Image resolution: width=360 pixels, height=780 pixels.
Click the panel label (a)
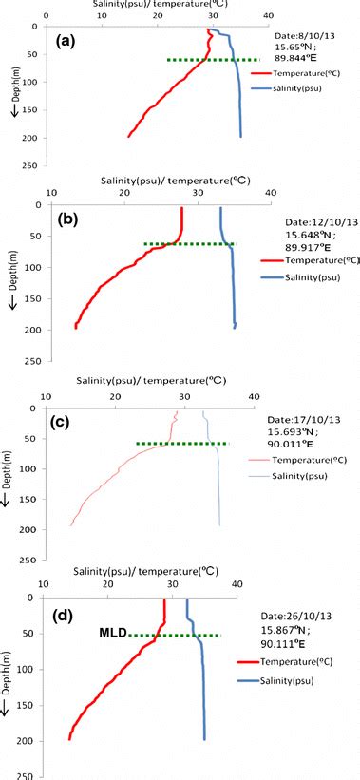[72, 42]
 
